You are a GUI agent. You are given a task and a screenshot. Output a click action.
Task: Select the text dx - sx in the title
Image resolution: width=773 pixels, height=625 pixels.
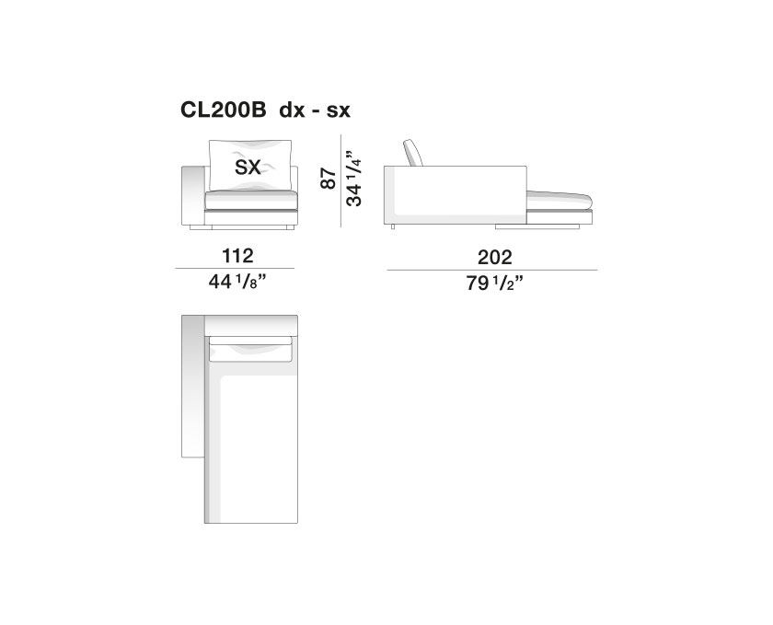pos(313,111)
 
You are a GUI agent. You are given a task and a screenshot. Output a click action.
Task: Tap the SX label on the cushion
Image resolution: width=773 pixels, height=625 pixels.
pos(248,167)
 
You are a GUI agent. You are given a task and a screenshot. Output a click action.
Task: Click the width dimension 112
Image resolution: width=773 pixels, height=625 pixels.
pos(237,256)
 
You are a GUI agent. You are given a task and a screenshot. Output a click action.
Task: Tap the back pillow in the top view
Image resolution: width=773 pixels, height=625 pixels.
pos(251,347)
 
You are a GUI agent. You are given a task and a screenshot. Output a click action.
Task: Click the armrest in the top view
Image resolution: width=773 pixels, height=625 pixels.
pos(191,387)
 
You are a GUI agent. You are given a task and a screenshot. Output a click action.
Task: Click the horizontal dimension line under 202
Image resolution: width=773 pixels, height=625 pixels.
pos(491,270)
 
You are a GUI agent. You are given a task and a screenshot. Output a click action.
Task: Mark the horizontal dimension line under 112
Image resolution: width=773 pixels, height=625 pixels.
pos(237,269)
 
